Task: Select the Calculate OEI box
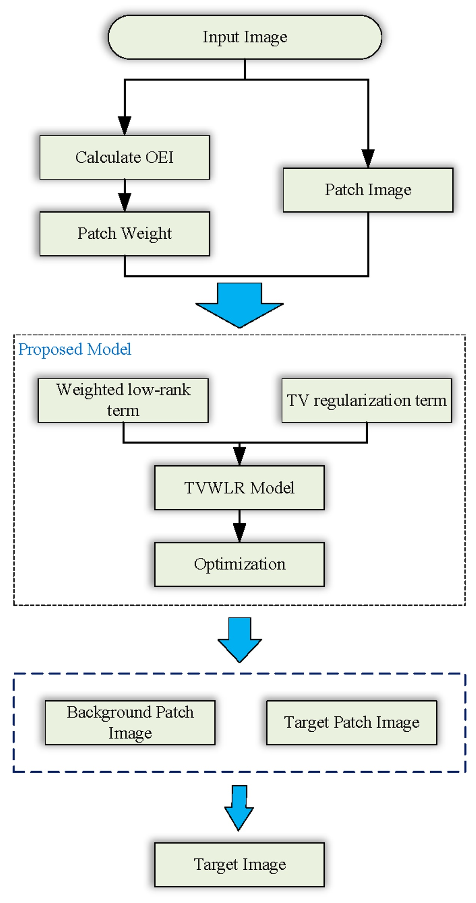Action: coord(124,157)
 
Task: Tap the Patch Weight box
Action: coord(124,233)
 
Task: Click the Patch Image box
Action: coord(367,190)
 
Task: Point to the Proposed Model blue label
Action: coord(75,349)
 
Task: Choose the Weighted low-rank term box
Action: coord(123,400)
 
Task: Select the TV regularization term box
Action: coord(366,400)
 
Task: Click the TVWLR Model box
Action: coord(239,487)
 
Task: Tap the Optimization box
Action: coord(239,564)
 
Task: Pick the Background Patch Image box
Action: coord(130,722)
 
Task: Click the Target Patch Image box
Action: coord(351,722)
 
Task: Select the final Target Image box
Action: coord(239,864)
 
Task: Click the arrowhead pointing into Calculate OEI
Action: coord(124,126)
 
